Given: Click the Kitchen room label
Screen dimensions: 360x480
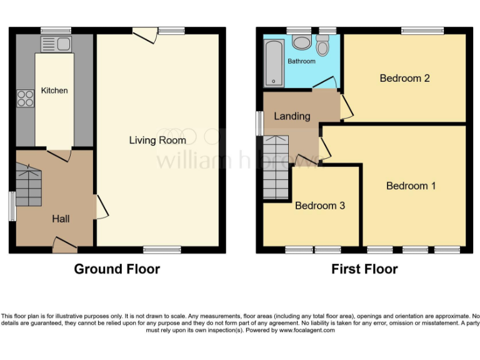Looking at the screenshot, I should pyautogui.click(x=54, y=91).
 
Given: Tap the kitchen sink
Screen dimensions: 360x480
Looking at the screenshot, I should pyautogui.click(x=56, y=44).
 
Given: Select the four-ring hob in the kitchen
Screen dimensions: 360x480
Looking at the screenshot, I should pyautogui.click(x=25, y=99).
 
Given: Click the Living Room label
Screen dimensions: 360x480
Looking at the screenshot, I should pyautogui.click(x=157, y=140).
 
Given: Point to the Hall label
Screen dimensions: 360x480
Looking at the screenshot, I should pyautogui.click(x=61, y=219).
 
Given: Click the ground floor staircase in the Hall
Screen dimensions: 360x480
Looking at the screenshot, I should pyautogui.click(x=29, y=185).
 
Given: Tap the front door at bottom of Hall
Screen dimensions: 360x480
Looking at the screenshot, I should pyautogui.click(x=64, y=244).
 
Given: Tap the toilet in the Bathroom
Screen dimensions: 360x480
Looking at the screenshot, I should pyautogui.click(x=322, y=46).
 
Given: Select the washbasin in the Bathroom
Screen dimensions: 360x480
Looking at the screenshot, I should pyautogui.click(x=301, y=42).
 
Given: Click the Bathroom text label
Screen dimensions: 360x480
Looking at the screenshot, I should pyautogui.click(x=301, y=61).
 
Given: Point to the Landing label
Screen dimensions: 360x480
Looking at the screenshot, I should pyautogui.click(x=292, y=116).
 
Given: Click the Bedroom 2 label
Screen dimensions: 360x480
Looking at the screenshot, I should pyautogui.click(x=404, y=78).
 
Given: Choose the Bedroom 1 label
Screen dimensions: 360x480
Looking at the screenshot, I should pyautogui.click(x=411, y=186).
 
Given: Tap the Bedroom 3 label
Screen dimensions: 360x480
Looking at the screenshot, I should pyautogui.click(x=320, y=206).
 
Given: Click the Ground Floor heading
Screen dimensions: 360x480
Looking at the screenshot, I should pyautogui.click(x=117, y=269).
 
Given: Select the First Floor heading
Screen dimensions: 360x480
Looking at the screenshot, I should pyautogui.click(x=364, y=269).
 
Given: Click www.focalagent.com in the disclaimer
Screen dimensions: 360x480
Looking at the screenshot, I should pyautogui.click(x=307, y=330).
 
